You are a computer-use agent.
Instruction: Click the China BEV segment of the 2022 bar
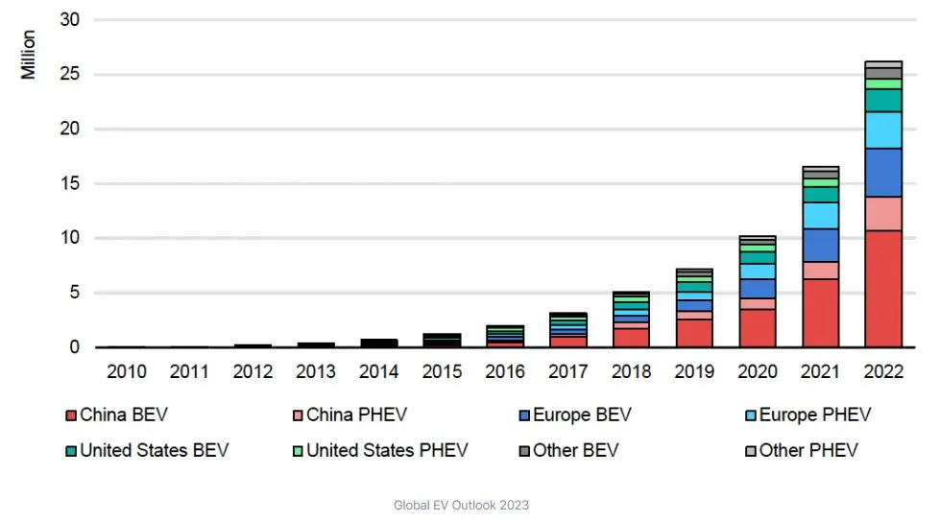[x=883, y=288]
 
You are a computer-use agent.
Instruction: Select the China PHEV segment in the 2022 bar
[x=883, y=213]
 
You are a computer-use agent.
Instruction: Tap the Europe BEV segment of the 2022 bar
[x=883, y=173]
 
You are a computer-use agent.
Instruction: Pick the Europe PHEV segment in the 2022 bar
[x=883, y=130]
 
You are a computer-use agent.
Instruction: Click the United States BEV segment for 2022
[x=883, y=101]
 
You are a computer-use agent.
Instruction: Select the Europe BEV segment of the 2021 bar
[x=820, y=245]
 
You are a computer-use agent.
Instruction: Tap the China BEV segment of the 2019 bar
[x=694, y=333]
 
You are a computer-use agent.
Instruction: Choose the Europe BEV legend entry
[x=576, y=415]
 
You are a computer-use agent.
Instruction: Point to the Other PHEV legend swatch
[x=751, y=450]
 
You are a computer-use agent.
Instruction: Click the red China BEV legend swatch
[x=71, y=415]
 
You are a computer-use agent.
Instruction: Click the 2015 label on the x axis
[x=442, y=371]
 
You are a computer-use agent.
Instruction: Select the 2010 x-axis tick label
[x=127, y=371]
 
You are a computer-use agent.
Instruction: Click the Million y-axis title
[x=28, y=55]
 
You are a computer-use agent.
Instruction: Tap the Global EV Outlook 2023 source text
[x=461, y=505]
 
